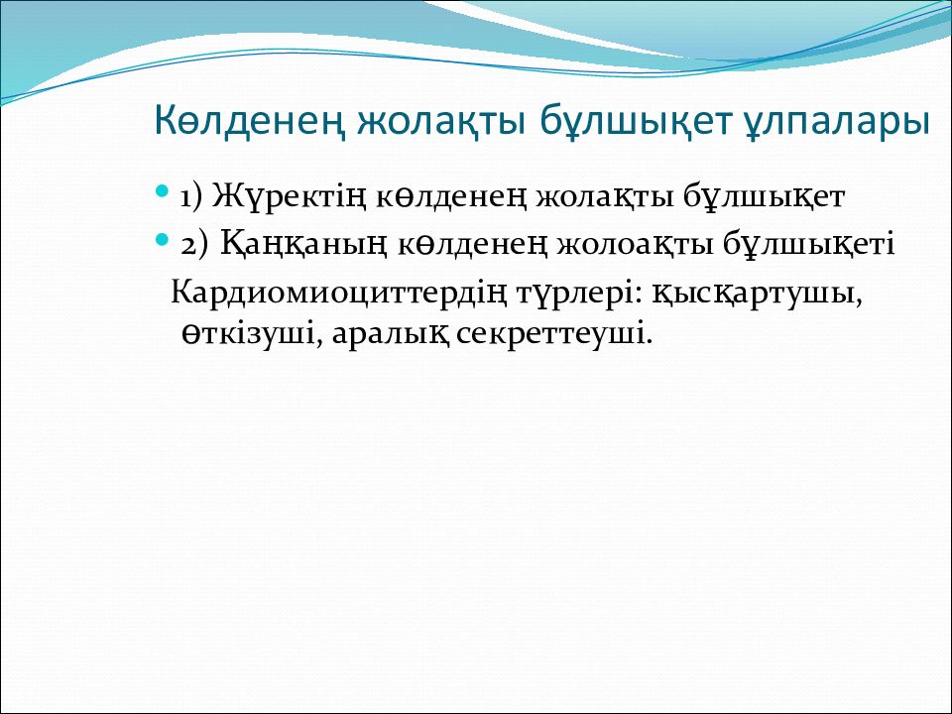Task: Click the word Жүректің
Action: coord(289,197)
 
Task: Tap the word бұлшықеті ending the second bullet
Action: coord(809,244)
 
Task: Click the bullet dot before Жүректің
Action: coord(162,191)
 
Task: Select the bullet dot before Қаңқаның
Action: coord(162,239)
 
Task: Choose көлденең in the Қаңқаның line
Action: coord(472,244)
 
